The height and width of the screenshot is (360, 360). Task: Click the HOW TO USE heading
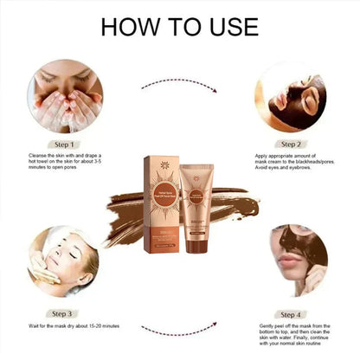tap(179, 27)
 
